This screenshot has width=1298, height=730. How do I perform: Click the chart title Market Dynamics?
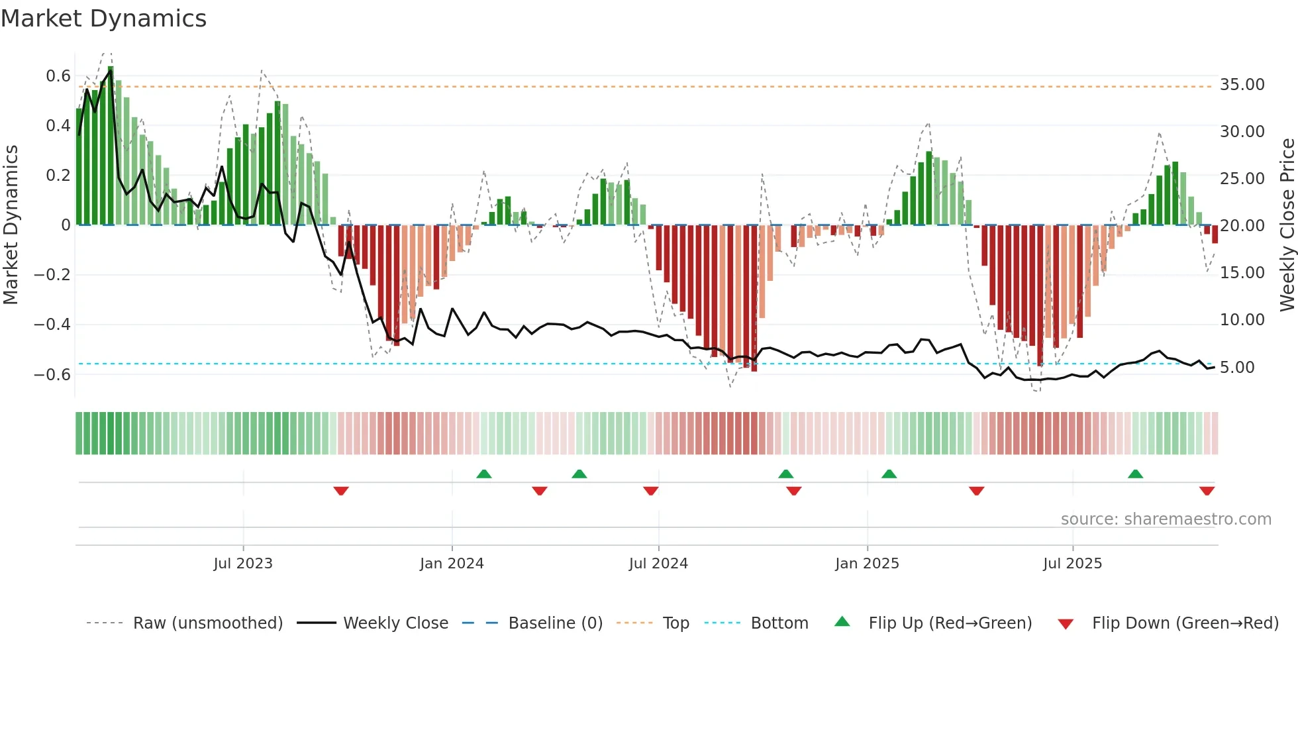[103, 19]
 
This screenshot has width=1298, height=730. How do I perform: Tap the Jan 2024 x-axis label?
[452, 564]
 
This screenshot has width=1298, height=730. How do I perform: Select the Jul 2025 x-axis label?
[1072, 564]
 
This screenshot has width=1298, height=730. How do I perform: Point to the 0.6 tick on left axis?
[58, 76]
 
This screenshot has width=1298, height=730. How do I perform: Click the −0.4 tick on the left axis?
[52, 325]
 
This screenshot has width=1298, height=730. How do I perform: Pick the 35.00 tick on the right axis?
[1242, 85]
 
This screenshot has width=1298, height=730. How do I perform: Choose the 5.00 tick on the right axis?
[1236, 368]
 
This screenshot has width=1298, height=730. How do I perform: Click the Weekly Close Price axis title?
[1287, 225]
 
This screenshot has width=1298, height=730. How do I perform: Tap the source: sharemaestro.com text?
[1166, 519]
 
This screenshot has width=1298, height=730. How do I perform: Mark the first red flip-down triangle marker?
[341, 491]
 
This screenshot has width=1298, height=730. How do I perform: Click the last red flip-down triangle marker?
[1207, 491]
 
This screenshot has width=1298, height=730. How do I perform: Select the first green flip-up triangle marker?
[484, 474]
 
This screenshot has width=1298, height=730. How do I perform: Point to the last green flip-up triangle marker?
[1135, 474]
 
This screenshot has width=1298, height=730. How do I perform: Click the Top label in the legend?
[675, 623]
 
